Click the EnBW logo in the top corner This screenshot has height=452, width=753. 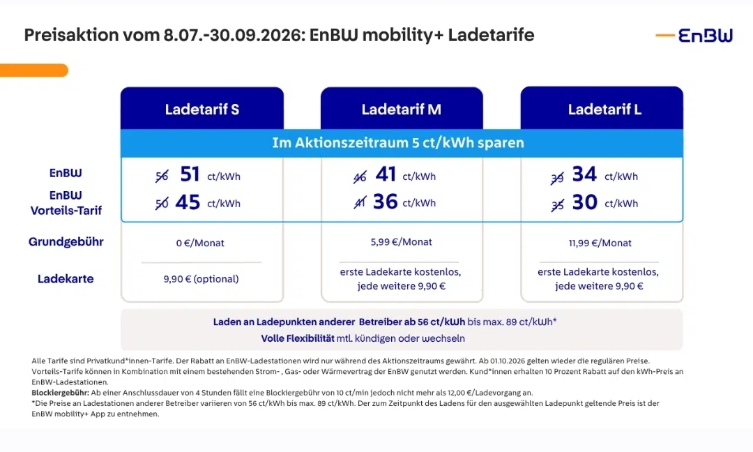(694, 35)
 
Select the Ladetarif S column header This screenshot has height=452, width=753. (202, 109)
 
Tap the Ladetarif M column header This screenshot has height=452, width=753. (402, 109)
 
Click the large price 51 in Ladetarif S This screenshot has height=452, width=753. (190, 174)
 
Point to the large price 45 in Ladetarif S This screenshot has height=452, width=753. (188, 202)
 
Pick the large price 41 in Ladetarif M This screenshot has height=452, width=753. (386, 174)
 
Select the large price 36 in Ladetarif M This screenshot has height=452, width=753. (385, 202)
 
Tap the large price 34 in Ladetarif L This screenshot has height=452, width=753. (584, 174)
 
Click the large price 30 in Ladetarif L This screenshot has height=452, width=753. (584, 202)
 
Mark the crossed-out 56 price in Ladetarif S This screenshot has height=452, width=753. (162, 176)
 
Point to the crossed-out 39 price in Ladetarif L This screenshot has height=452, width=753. (557, 178)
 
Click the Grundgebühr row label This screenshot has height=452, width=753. (66, 241)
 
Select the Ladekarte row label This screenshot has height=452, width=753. (66, 278)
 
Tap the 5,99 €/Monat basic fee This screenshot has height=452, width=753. (401, 242)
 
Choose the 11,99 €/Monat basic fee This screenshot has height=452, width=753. (600, 243)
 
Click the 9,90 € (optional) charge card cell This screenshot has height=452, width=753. (201, 279)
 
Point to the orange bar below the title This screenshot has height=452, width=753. (34, 70)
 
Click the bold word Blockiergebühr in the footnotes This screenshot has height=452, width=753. (60, 393)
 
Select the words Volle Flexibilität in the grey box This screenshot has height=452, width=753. (298, 338)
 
